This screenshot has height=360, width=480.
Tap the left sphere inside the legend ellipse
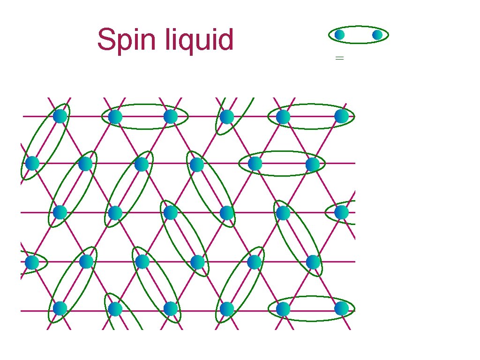pos(339,35)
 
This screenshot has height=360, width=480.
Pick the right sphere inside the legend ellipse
pos(377,35)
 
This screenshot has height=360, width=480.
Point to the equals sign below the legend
pos(340,58)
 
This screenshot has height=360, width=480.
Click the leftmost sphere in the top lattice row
pos(60,116)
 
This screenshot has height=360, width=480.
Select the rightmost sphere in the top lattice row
pos(342,116)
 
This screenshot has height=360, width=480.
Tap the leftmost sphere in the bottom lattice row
pos(60,308)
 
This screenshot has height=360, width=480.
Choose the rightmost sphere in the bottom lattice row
pos(342,308)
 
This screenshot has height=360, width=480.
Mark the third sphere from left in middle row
pos(171,212)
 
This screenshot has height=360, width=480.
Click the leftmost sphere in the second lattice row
pos(32,164)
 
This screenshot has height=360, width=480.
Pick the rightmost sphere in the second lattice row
pos(313,165)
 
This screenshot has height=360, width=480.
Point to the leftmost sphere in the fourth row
pos(32,262)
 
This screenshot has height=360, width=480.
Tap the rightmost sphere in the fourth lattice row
pos(313,262)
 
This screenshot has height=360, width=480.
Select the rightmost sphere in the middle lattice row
pos(342,212)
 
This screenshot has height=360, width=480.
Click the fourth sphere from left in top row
pos(227,117)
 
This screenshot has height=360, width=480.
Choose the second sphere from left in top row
pos(115,117)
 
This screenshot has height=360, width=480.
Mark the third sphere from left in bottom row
pos(171,308)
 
